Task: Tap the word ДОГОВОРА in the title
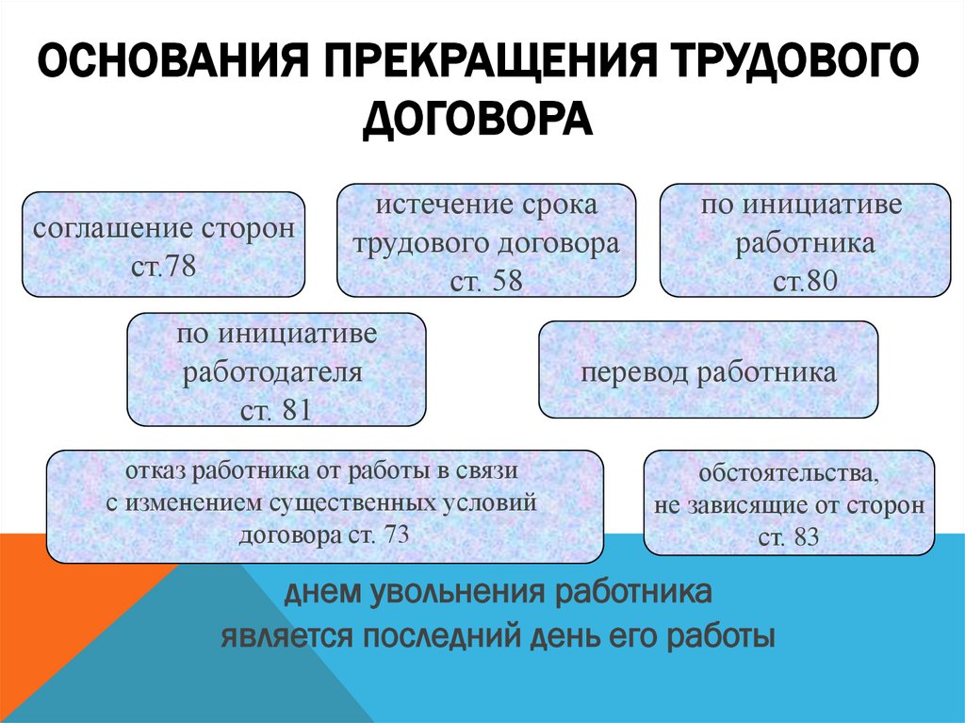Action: (478, 121)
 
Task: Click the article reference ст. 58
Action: (486, 281)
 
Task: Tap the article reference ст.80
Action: (805, 281)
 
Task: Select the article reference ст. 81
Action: (276, 411)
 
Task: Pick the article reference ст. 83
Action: (789, 538)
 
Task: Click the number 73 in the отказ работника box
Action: (396, 534)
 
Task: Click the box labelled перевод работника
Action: (708, 371)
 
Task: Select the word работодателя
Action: (272, 371)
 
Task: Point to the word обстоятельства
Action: (790, 471)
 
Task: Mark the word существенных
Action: (354, 502)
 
